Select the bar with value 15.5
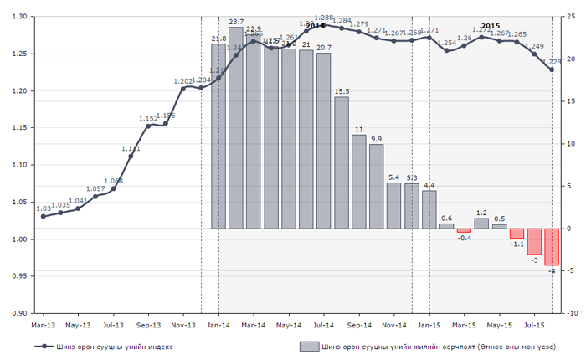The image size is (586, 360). [x=342, y=162]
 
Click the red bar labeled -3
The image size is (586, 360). [x=535, y=241]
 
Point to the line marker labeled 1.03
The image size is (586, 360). [x=44, y=216]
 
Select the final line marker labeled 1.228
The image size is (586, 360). [x=552, y=69]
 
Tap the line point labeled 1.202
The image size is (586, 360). [x=183, y=88]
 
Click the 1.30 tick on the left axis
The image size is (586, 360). [x=18, y=17]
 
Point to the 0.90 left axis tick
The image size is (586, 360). [x=18, y=313]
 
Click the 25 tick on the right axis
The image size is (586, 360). [x=570, y=17]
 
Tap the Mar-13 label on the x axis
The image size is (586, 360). [x=44, y=324]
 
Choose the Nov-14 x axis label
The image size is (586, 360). [x=394, y=324]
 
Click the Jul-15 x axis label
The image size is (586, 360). [x=535, y=324]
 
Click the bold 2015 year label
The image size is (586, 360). [x=491, y=26]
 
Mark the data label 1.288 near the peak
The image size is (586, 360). [x=324, y=18]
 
